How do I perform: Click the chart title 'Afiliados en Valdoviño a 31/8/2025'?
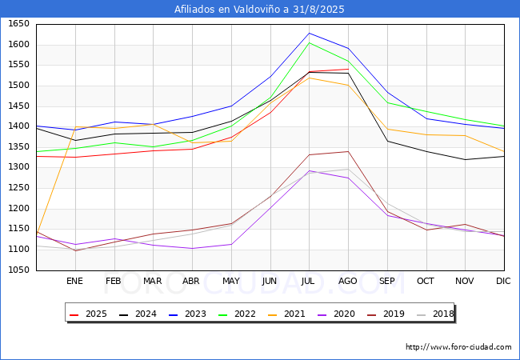(x=260, y=10)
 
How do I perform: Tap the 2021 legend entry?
(x=287, y=314)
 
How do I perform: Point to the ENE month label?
(x=74, y=281)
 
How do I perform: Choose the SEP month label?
(x=387, y=281)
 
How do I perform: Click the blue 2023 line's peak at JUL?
(x=309, y=33)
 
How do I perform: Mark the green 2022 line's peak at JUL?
(x=309, y=42)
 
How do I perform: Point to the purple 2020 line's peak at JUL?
(x=309, y=170)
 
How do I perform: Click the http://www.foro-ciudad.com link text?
(x=458, y=347)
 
